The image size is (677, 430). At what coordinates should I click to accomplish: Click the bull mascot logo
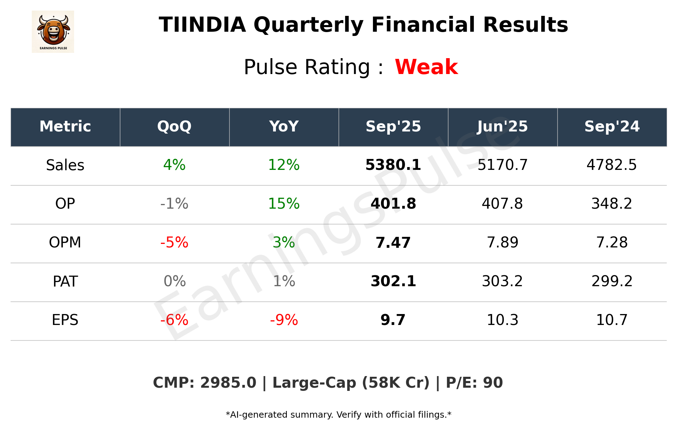click(x=53, y=31)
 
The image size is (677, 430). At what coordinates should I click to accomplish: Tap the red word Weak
click(x=426, y=67)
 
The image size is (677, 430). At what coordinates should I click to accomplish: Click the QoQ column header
click(x=174, y=127)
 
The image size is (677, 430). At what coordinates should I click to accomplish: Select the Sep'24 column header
click(x=612, y=127)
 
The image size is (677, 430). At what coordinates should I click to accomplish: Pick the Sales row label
click(x=65, y=165)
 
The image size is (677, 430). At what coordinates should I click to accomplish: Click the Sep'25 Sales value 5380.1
click(x=393, y=165)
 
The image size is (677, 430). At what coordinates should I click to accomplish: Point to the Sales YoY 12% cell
click(x=284, y=165)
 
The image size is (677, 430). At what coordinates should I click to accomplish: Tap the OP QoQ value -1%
click(x=174, y=204)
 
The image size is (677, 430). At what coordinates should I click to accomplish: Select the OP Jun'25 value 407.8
click(x=502, y=204)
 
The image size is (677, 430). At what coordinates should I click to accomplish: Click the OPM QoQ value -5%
click(x=174, y=242)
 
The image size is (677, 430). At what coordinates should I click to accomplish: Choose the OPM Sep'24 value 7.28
click(x=612, y=242)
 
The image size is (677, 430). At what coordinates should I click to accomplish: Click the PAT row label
click(x=65, y=281)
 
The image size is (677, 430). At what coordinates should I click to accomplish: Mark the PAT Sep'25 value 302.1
click(x=393, y=281)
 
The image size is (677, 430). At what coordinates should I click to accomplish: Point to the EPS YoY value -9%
click(x=284, y=320)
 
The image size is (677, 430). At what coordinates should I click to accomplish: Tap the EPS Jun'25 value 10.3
click(x=502, y=320)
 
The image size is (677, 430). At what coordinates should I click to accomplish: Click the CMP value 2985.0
click(x=228, y=383)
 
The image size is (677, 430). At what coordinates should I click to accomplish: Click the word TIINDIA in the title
click(x=202, y=25)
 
